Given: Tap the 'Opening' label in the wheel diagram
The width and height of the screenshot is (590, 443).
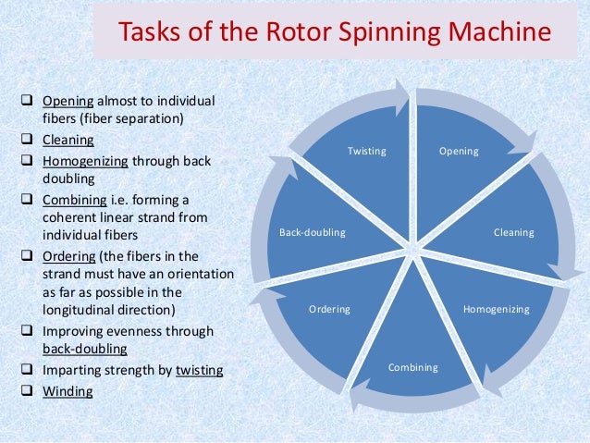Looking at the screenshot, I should point(459,151).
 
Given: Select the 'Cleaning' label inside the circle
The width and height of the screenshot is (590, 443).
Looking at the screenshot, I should point(513,232).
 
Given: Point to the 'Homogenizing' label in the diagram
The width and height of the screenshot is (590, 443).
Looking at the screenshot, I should point(497,309).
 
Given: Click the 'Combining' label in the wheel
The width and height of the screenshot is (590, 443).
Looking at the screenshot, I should point(412,367).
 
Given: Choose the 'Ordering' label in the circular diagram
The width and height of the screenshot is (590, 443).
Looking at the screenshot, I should point(329,309).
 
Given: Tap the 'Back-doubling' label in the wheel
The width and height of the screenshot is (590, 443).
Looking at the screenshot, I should point(312,232).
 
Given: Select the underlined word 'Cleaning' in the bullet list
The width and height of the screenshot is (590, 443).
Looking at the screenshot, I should point(68,141).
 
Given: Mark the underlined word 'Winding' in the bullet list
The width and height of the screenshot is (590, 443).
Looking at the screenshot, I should point(68,391).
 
